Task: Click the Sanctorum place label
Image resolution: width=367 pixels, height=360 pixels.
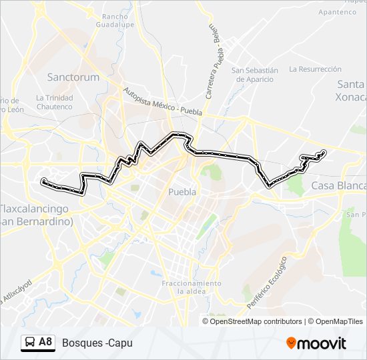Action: pyautogui.click(x=73, y=77)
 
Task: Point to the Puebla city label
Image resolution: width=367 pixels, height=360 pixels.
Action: pyautogui.click(x=182, y=191)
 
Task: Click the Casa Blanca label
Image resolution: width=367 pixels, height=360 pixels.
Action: pyautogui.click(x=338, y=185)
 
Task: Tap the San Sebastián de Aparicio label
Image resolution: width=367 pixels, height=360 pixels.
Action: pyautogui.click(x=254, y=74)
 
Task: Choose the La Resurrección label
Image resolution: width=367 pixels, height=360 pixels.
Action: pyautogui.click(x=315, y=69)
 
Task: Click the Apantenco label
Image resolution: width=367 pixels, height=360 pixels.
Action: pyautogui.click(x=338, y=12)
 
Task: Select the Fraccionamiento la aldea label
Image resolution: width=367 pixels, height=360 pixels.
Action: pyautogui.click(x=191, y=287)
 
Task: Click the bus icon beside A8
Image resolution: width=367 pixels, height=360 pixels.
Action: pyautogui.click(x=29, y=343)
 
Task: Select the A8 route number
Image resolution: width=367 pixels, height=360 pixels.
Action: pyautogui.click(x=45, y=342)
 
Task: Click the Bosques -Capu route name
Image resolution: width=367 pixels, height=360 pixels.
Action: pyautogui.click(x=97, y=343)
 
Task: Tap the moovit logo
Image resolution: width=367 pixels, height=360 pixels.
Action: pyautogui.click(x=316, y=343)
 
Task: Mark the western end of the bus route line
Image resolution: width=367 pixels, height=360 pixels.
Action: pyautogui.click(x=43, y=181)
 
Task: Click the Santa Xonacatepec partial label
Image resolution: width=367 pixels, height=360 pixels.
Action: pyautogui.click(x=351, y=90)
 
